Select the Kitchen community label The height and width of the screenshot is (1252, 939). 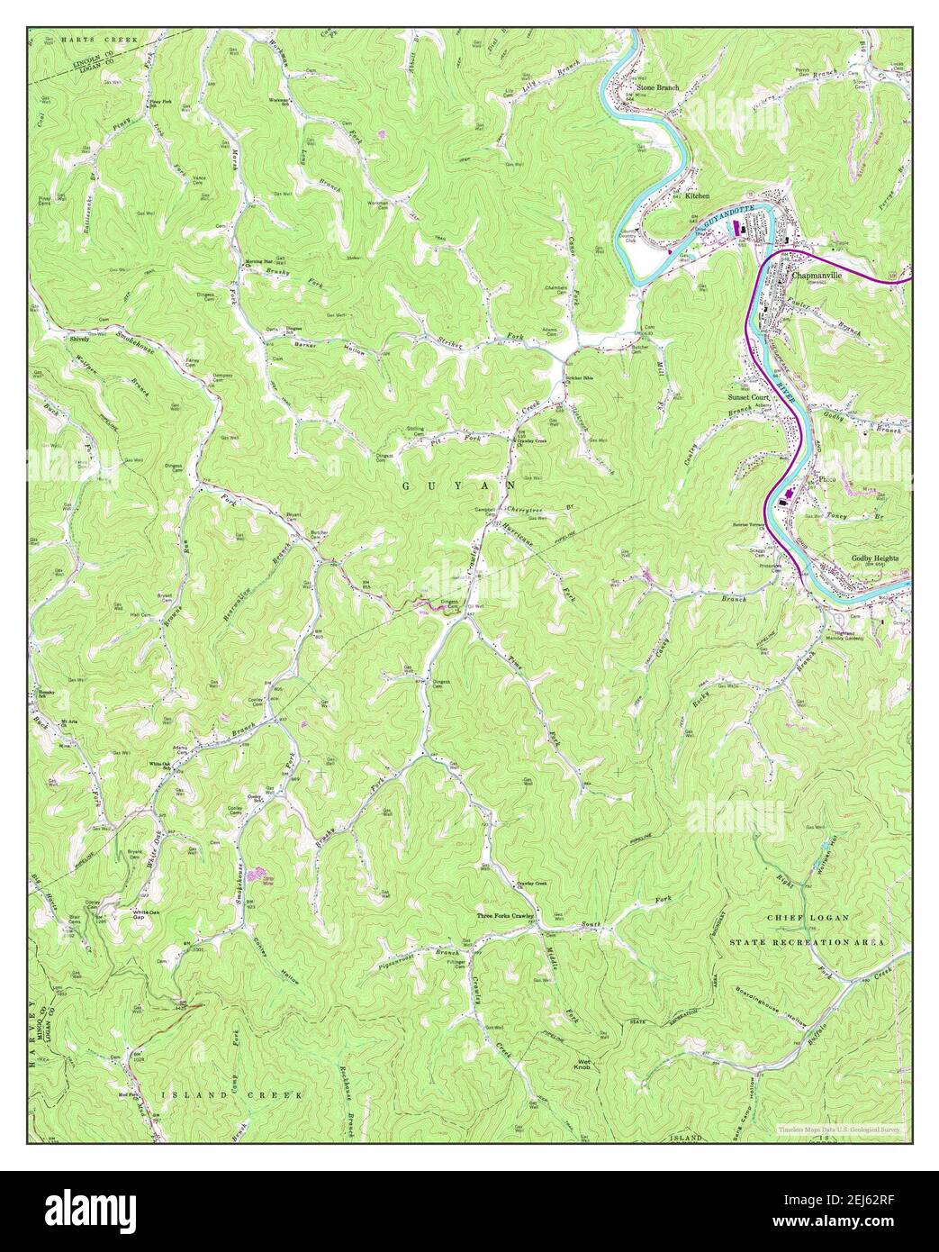point(697,195)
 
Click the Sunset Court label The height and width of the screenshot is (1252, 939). point(748,396)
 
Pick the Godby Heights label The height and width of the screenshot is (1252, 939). point(875,558)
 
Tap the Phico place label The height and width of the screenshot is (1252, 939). point(827,479)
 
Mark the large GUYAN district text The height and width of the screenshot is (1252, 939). point(459,485)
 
